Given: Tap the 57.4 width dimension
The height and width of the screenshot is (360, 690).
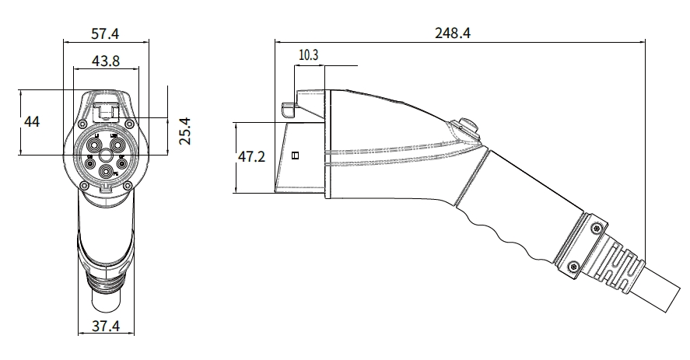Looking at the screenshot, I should tap(107, 34).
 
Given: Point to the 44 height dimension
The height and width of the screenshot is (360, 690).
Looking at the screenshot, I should tap(32, 122).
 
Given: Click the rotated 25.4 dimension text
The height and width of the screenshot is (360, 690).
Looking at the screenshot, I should tap(184, 130).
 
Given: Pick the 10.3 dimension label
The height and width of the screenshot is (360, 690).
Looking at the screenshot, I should tap(309, 54).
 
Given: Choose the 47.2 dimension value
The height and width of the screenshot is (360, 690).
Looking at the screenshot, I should tap(251, 157).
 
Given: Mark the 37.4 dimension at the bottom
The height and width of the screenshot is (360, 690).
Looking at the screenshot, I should tap(104, 327).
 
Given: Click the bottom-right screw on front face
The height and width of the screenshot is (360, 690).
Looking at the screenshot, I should tap(129, 183).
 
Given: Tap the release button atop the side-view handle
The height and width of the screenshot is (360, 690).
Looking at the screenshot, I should tap(468, 124).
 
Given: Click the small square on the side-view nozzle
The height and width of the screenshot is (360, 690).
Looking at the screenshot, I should tap(295, 156).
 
